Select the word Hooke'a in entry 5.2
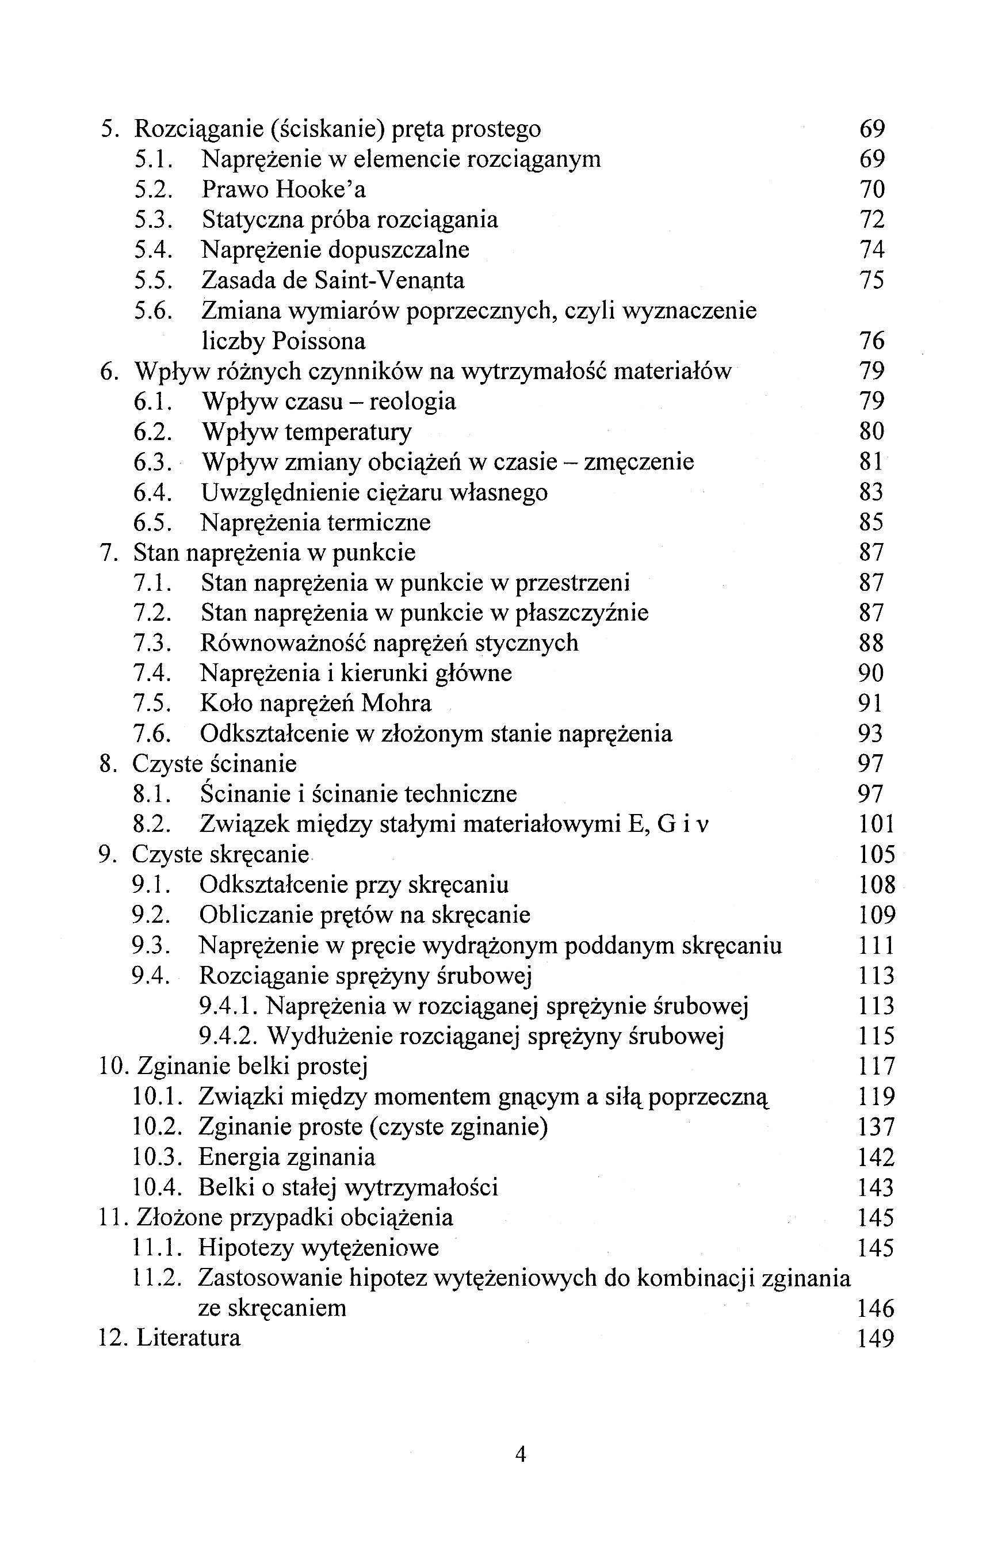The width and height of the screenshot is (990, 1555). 321,189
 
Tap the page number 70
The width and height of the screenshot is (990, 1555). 872,189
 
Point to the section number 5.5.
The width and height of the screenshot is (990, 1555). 153,280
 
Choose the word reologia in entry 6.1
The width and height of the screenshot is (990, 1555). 412,402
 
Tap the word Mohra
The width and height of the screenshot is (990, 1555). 396,703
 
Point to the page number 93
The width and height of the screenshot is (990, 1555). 870,733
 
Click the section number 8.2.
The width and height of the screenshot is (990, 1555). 152,824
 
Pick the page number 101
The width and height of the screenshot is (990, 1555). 876,824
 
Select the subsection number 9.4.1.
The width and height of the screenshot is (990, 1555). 228,1006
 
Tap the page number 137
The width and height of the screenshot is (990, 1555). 876,1127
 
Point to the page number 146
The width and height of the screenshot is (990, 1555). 876,1308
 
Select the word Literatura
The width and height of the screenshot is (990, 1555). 189,1338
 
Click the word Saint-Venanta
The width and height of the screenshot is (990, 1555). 389,280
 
